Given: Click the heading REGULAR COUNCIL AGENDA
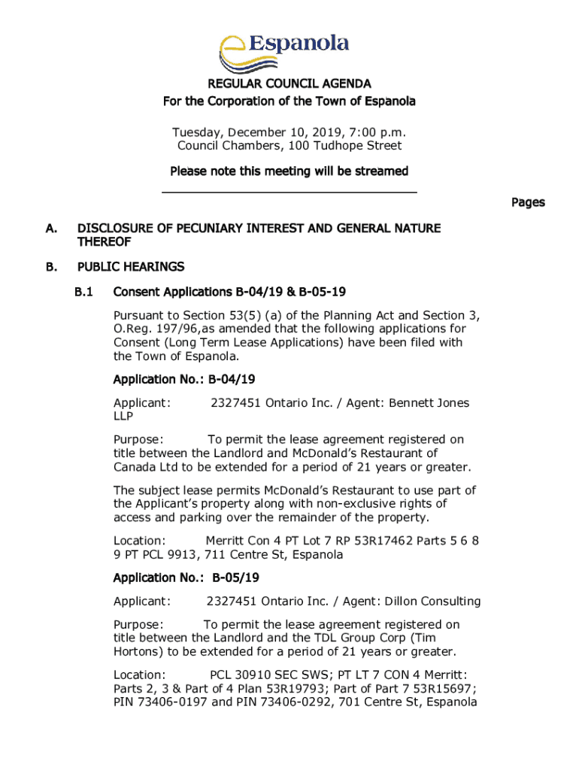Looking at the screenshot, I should click(289, 84).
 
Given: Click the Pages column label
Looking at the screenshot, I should click(528, 202).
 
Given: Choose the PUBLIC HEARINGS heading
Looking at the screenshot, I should click(131, 267).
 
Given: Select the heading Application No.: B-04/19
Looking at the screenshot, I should click(185, 379).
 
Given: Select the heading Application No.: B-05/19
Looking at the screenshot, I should click(186, 577).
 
